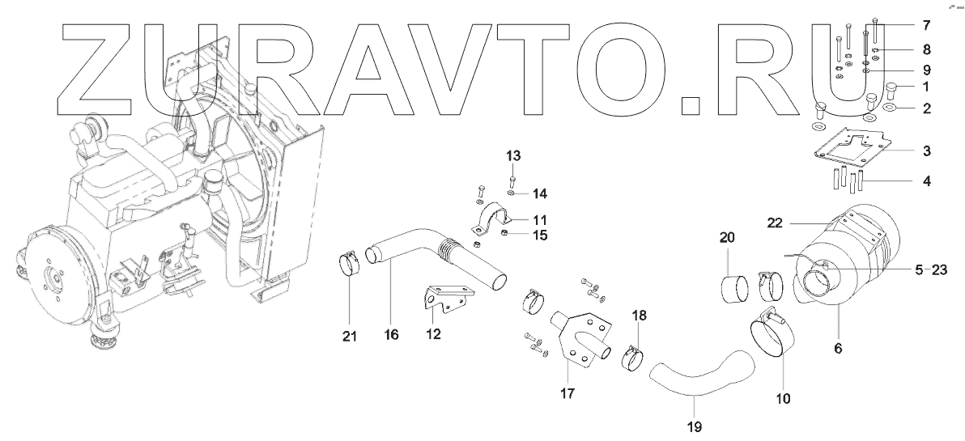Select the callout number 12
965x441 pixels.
point(434,333)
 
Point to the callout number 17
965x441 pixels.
point(567,394)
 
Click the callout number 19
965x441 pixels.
point(694,426)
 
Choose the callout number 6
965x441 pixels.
point(838,349)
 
